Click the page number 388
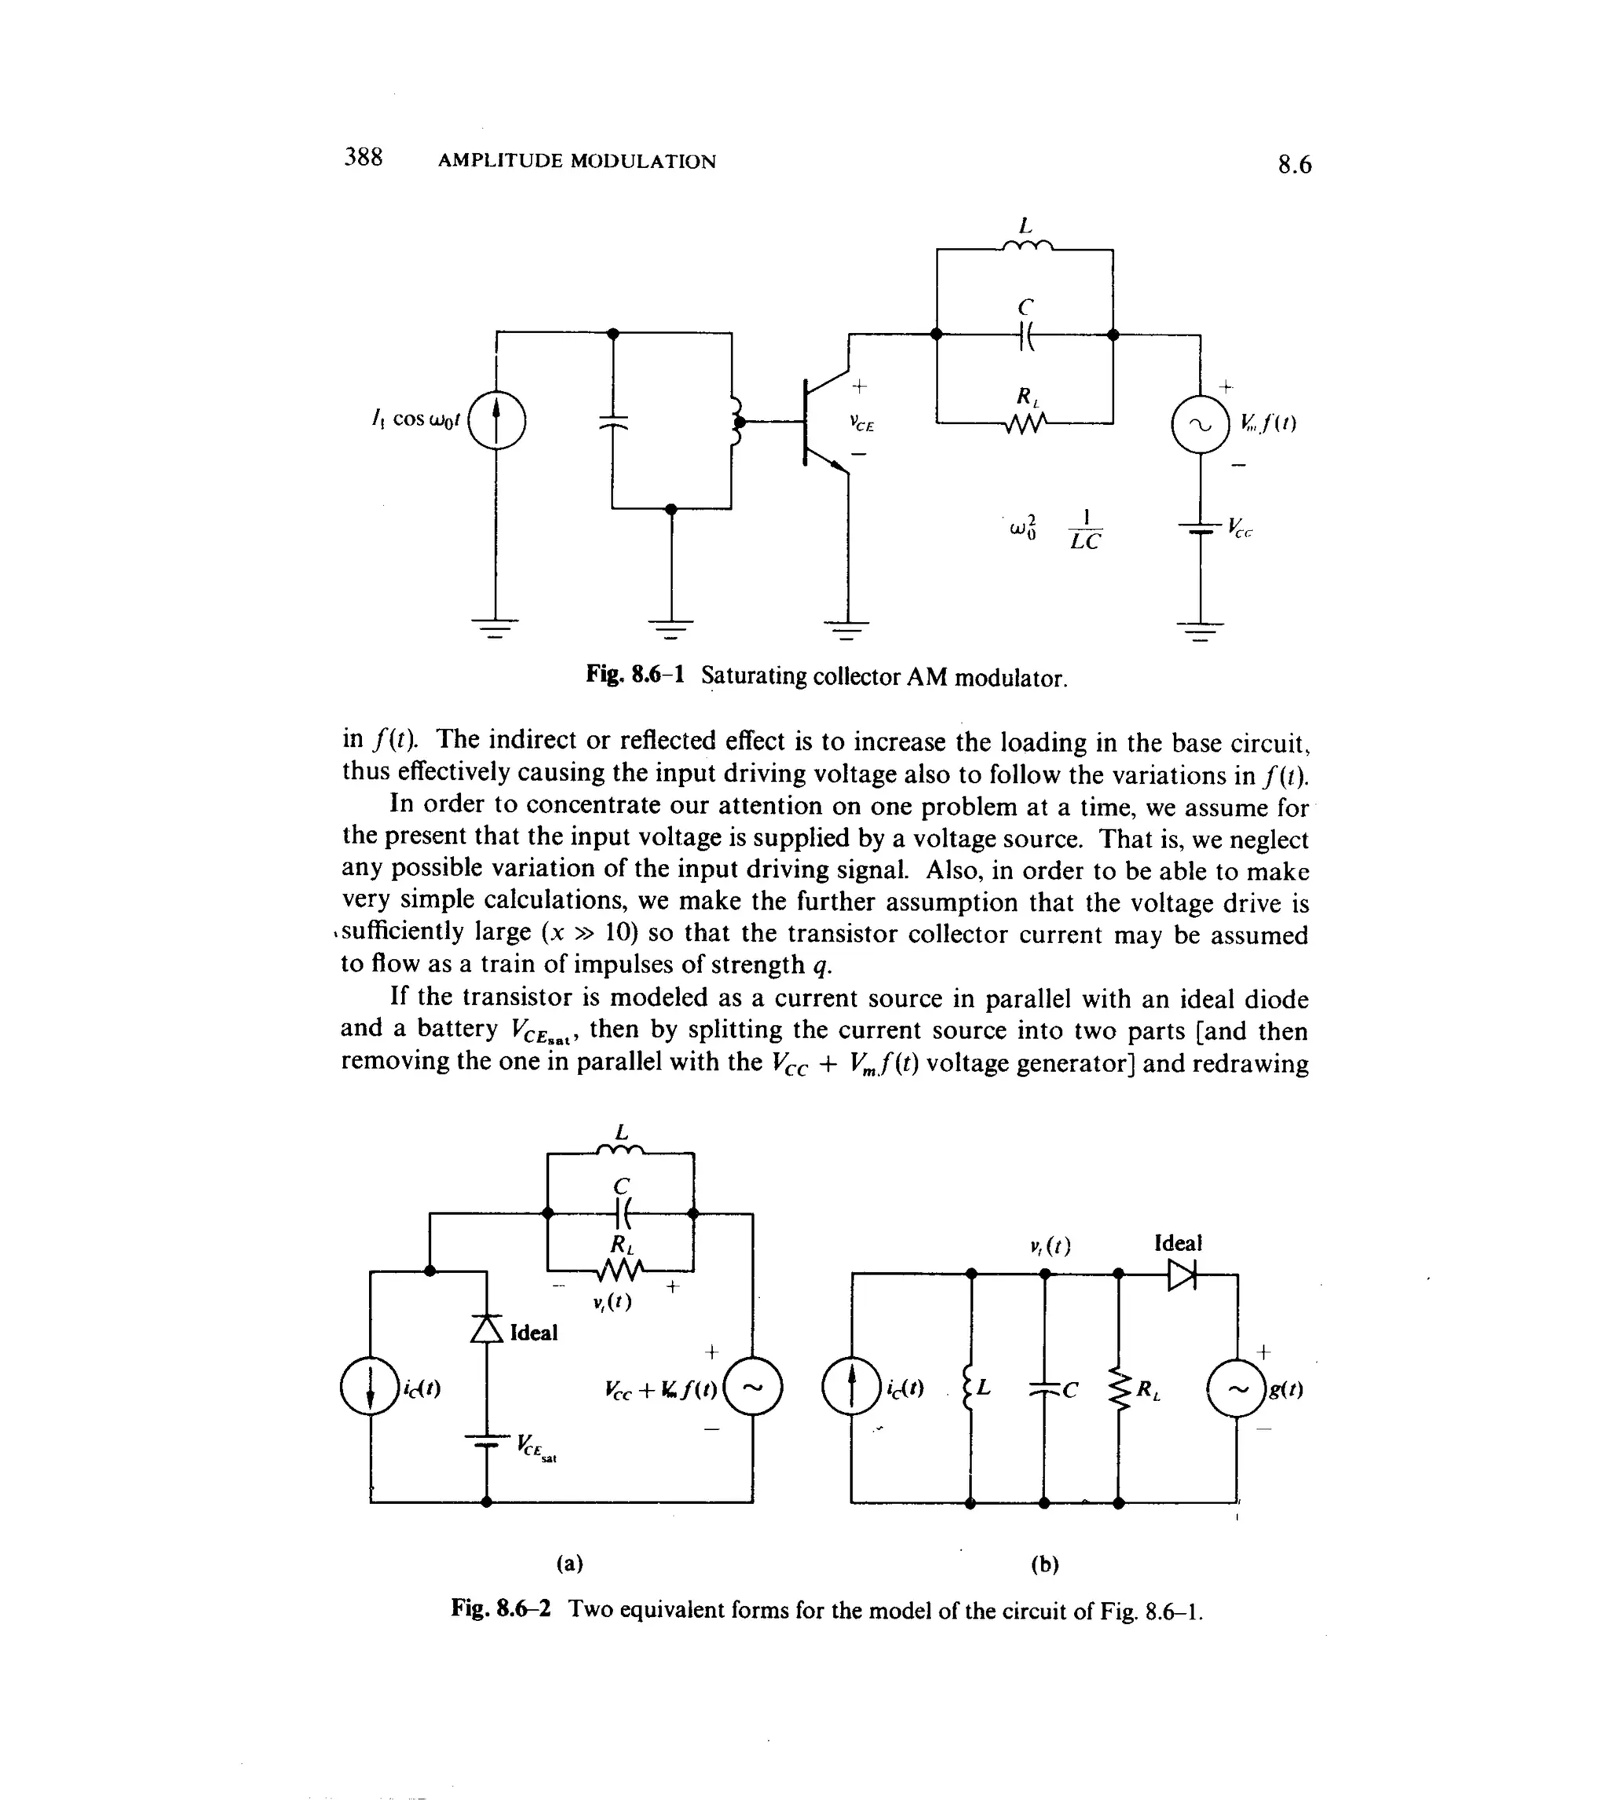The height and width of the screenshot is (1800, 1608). point(363,157)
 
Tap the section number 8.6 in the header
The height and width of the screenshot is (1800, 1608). point(1295,165)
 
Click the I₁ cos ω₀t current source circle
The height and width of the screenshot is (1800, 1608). point(496,421)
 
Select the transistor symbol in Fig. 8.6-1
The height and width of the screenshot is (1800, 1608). point(817,423)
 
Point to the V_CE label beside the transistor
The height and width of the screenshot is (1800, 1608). point(861,424)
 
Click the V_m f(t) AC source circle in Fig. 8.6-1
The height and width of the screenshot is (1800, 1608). point(1200,424)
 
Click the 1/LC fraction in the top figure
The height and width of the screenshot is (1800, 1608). point(1085,529)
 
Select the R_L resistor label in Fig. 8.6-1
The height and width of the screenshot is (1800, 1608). point(1028,397)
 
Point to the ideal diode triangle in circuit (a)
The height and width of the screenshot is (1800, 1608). point(486,1328)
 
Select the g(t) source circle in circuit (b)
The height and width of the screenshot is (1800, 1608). point(1236,1389)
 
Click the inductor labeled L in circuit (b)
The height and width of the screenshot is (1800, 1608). point(971,1389)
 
